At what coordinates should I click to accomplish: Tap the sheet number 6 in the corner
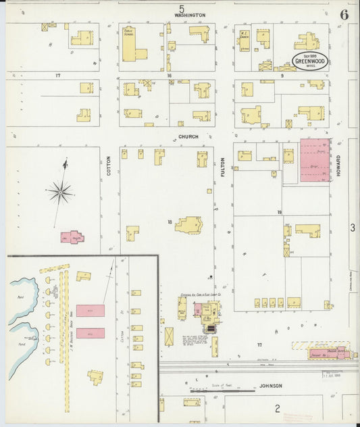point(344,14)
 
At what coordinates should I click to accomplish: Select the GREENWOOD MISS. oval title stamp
point(310,61)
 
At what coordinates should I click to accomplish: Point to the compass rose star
point(61,193)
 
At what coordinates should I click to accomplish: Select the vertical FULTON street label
point(222,168)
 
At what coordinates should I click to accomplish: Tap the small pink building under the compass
point(73,237)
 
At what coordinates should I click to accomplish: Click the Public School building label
point(128,32)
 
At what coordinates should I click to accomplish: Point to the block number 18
point(170,221)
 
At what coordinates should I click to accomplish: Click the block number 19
point(278,212)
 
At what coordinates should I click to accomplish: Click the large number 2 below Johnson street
point(277,408)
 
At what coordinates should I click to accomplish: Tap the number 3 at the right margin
point(352,228)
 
